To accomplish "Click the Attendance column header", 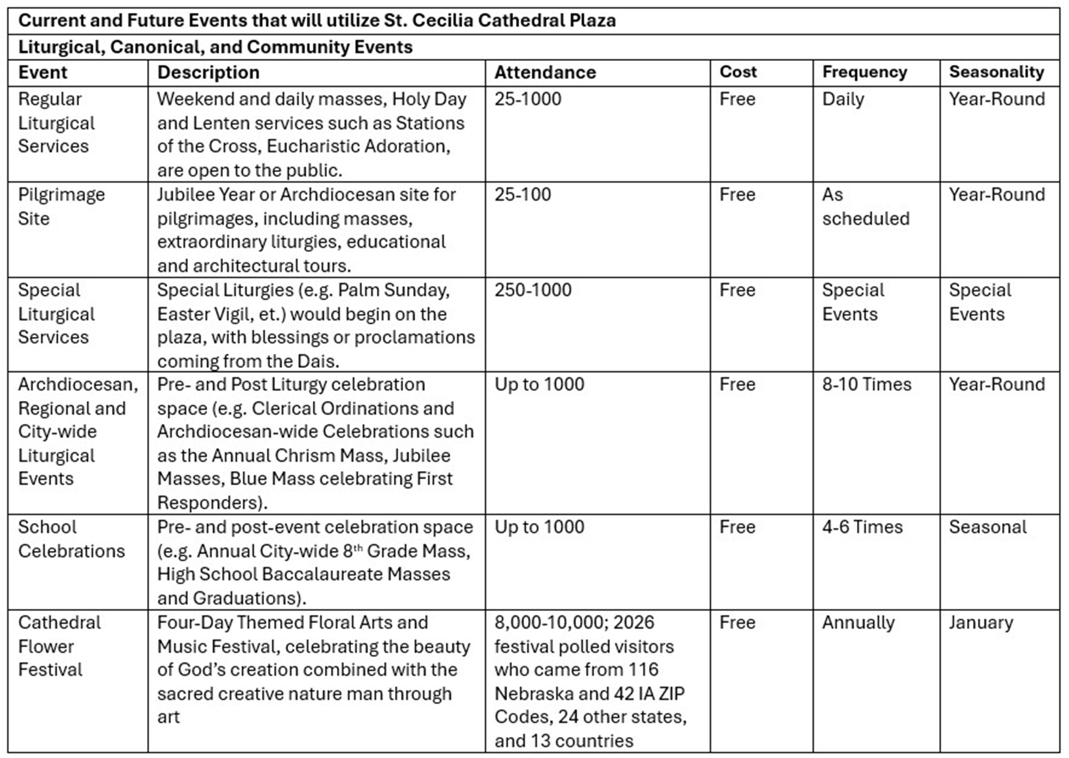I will [545, 72].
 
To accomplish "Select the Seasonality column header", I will [996, 72].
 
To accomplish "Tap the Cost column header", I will [738, 72].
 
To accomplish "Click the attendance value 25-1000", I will [528, 99].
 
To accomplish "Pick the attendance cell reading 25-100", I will [522, 195].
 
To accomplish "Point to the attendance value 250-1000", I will [533, 290].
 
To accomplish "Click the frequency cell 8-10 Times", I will [866, 384].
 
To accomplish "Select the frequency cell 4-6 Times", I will [862, 527].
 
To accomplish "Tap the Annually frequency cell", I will [858, 623].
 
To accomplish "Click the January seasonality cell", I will [981, 623].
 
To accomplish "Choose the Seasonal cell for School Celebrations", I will [988, 527].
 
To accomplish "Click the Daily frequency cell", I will [843, 99].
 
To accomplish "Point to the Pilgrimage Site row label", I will [61, 206].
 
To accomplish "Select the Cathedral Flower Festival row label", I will [59, 646].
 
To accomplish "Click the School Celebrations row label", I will [71, 539].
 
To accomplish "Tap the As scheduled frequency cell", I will [865, 206].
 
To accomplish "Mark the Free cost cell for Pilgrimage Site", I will [737, 195].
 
